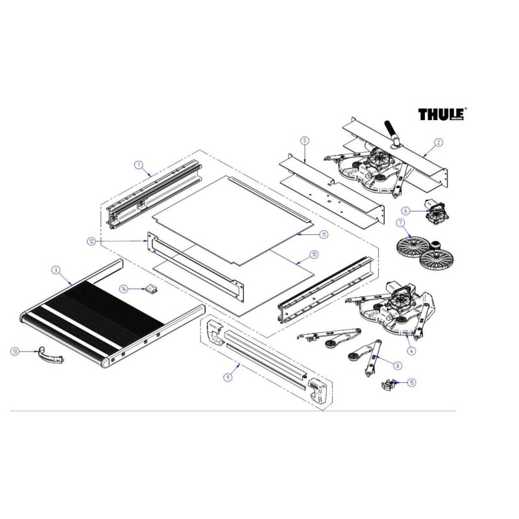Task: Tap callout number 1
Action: point(139,165)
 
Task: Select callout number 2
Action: point(439,142)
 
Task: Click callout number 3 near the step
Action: point(56,269)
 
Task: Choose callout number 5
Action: point(304,140)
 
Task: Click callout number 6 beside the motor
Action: point(405,210)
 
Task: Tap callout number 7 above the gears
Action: point(400,223)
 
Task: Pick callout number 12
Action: point(91,241)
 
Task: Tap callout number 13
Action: point(14,351)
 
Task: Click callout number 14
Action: point(123,287)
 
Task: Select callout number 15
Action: point(412,383)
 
